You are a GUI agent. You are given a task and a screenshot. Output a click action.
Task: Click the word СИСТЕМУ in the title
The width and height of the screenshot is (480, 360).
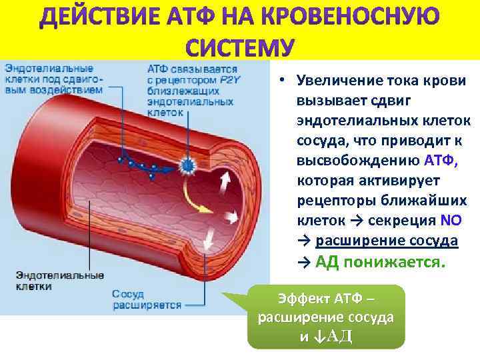[239, 47]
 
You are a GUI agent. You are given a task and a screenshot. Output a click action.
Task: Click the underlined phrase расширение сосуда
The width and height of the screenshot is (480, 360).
[387, 241]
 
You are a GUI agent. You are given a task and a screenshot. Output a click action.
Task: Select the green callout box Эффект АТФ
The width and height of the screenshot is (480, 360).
[325, 317]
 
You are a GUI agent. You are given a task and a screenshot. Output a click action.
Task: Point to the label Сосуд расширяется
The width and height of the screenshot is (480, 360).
[147, 299]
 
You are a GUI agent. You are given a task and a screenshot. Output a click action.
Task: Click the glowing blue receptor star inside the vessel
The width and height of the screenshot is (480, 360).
[188, 165]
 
